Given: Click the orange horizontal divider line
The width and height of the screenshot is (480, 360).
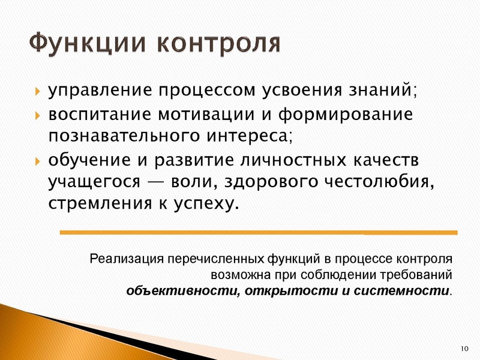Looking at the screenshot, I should click(259, 232).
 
